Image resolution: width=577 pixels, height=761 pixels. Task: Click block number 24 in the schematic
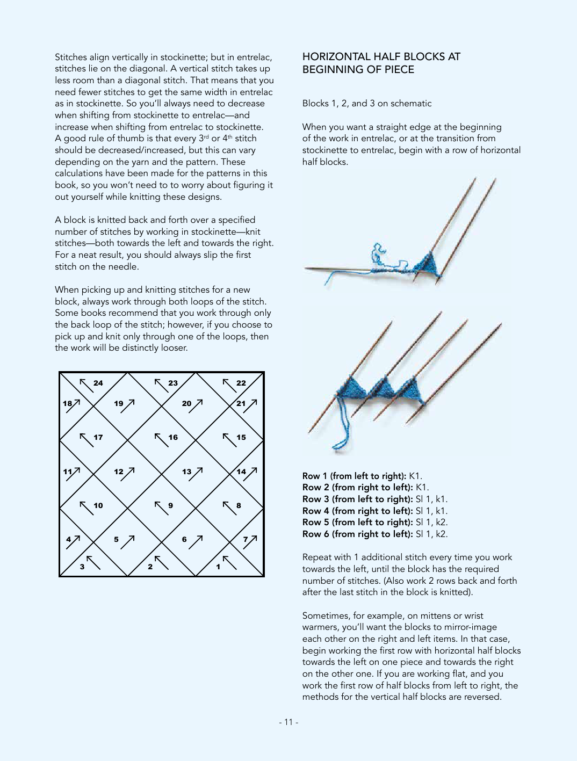tap(98, 383)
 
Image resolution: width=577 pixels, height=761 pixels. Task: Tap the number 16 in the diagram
tap(172, 437)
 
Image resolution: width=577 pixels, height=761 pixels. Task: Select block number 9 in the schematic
tap(170, 505)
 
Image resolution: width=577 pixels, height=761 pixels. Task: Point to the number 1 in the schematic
tap(218, 567)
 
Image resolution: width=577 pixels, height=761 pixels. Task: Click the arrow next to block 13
tap(197, 472)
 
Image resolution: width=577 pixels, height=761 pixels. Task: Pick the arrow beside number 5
tap(128, 541)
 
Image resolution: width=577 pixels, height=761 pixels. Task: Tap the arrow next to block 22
tap(229, 385)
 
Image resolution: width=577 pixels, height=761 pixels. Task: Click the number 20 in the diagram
tap(186, 403)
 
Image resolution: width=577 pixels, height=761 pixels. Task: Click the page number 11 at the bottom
tap(288, 722)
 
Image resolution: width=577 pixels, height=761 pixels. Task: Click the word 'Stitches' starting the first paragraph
tap(71, 57)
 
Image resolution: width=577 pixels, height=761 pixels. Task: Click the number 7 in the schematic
tap(245, 539)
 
